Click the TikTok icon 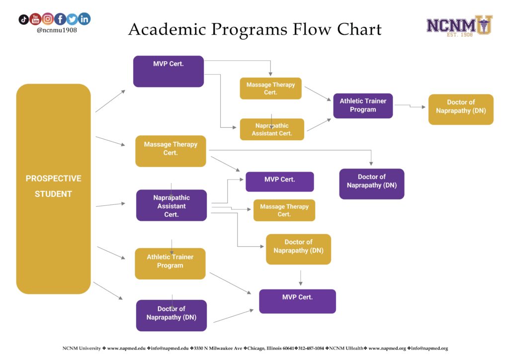point(23,20)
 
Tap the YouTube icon point(35,19)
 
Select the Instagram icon point(48,19)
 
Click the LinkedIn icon point(85,19)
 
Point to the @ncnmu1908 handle point(57,30)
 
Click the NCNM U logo point(459,25)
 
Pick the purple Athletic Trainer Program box point(363,105)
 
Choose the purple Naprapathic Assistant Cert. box point(171,205)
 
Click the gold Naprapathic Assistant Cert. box point(272,129)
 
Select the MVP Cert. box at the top point(169,71)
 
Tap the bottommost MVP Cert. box point(297,301)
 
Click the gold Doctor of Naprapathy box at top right point(461,109)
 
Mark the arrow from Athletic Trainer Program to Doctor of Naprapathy point(410,106)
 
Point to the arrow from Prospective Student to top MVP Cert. point(111,101)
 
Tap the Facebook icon point(60,19)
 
